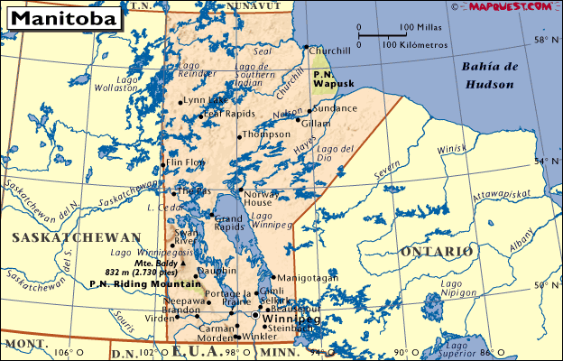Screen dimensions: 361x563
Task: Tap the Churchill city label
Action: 329,51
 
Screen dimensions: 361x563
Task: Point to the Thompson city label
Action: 267,134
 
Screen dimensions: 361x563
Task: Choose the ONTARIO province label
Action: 438,250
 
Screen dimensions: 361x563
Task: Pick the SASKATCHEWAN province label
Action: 77,237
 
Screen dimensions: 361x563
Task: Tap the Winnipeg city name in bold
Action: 291,319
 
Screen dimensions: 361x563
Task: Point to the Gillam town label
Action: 316,123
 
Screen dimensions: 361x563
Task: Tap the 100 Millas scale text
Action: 420,28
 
